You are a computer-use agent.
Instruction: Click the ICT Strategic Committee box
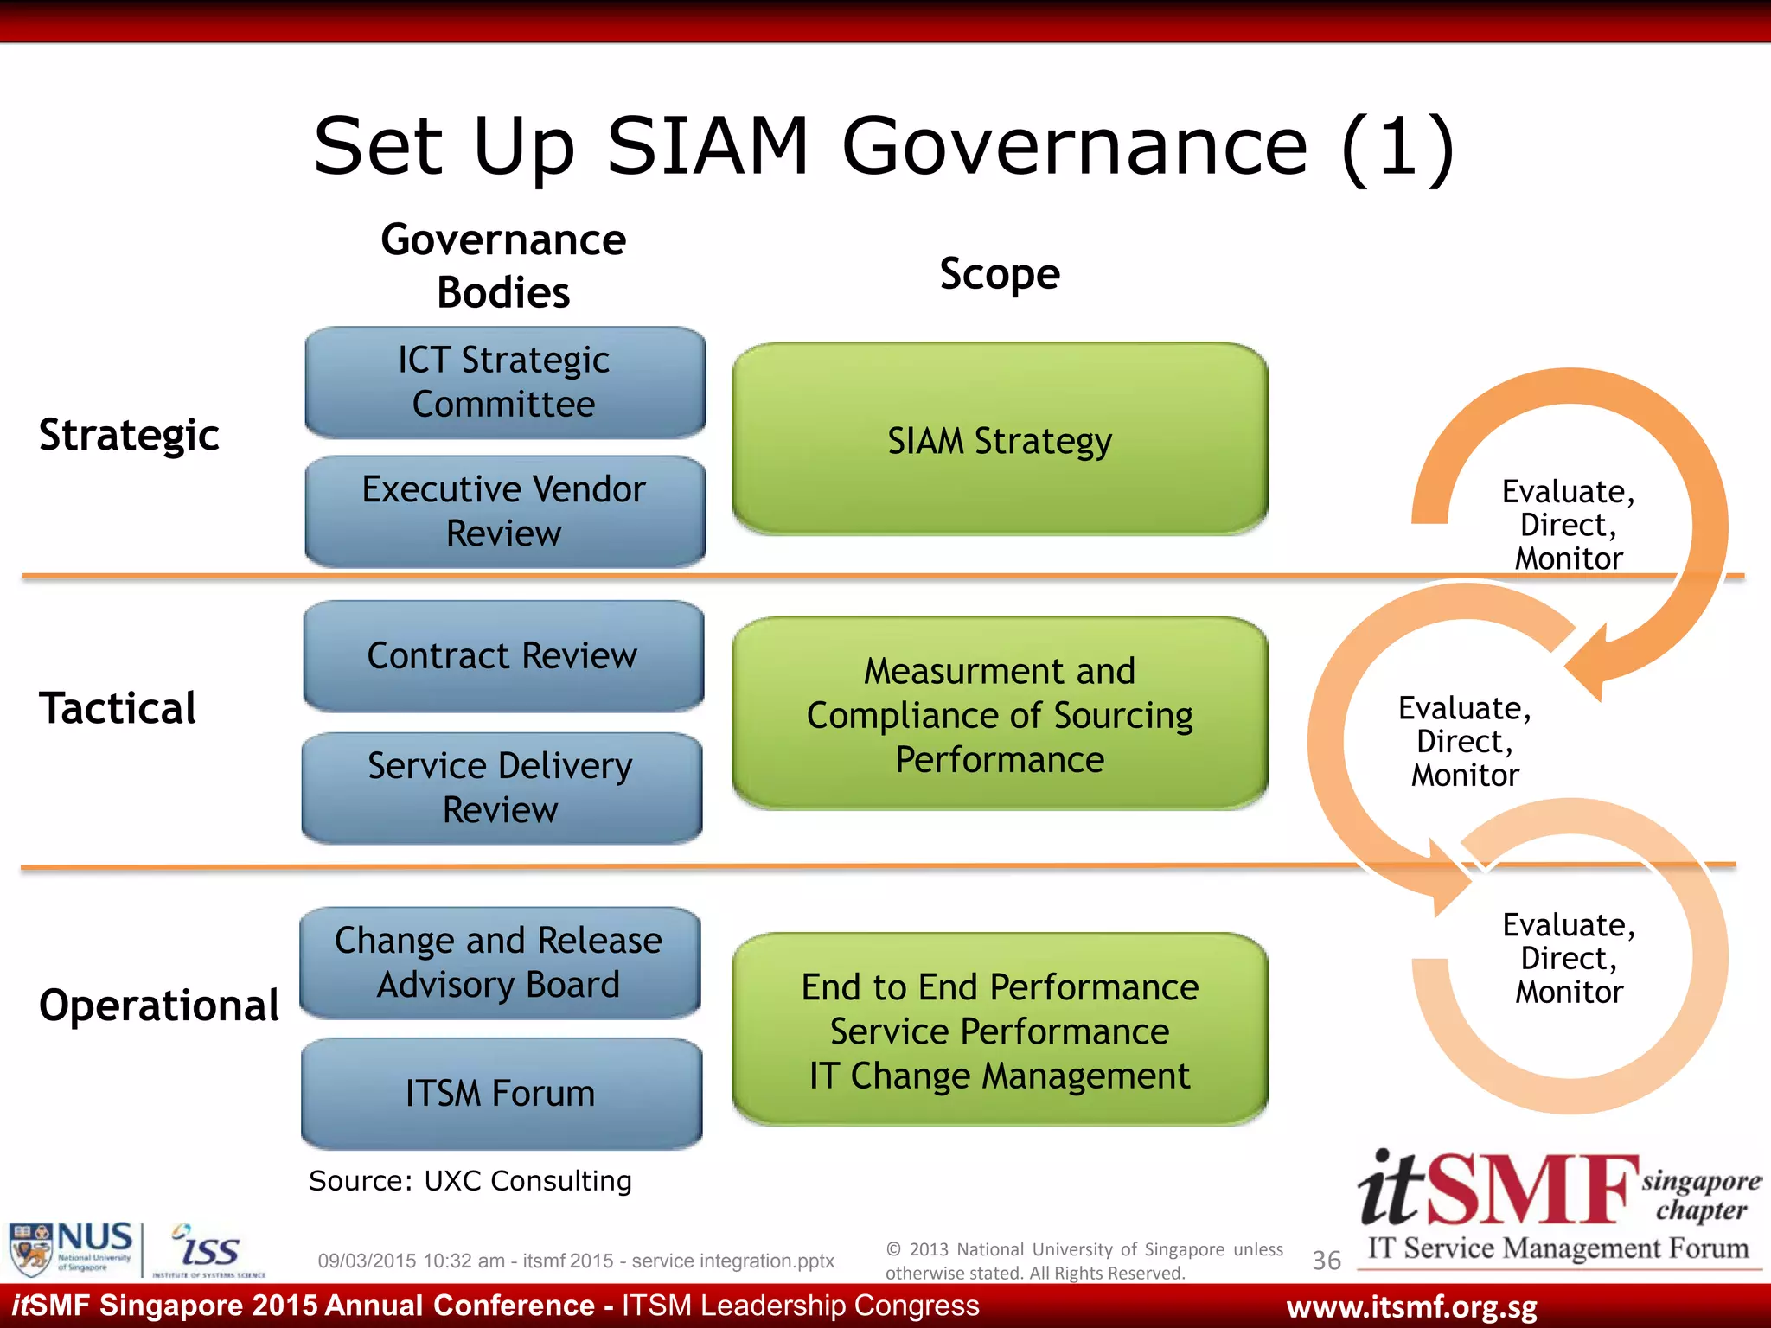pyautogui.click(x=505, y=382)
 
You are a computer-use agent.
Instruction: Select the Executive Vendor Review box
pyautogui.click(x=505, y=511)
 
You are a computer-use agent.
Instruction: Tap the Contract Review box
pyautogui.click(x=503, y=655)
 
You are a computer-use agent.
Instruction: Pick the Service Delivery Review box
pyautogui.click(x=502, y=788)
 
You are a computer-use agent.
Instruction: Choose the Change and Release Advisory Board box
pyautogui.click(x=500, y=962)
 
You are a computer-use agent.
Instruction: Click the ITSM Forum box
pyautogui.click(x=502, y=1094)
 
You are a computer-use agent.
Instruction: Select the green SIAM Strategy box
pyautogui.click(x=1000, y=439)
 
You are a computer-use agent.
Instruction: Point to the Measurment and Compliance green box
pyautogui.click(x=1000, y=714)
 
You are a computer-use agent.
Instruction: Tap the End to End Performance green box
pyautogui.click(x=1000, y=1030)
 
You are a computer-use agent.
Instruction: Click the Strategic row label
pyautogui.click(x=130, y=435)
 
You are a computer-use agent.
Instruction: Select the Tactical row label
pyautogui.click(x=118, y=708)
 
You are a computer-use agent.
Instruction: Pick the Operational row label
pyautogui.click(x=159, y=1006)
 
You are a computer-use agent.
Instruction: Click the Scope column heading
pyautogui.click(x=1000, y=274)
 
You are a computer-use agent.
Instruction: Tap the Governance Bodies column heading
pyautogui.click(x=503, y=265)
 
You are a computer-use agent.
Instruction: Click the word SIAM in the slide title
pyautogui.click(x=707, y=147)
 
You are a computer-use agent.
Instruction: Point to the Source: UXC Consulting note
pyautogui.click(x=470, y=1181)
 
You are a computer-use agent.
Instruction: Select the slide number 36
pyautogui.click(x=1327, y=1261)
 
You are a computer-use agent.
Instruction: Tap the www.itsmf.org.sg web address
pyautogui.click(x=1411, y=1307)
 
